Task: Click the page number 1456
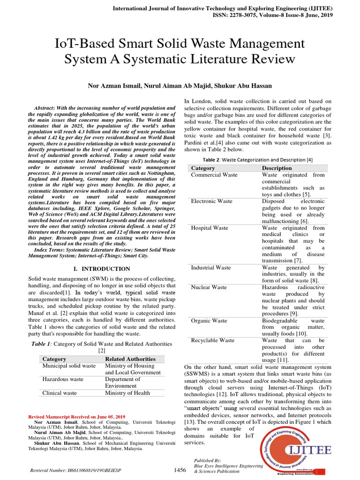coord(180,470)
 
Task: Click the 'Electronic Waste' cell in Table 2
coord(211,201)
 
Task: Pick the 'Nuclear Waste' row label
coord(209,287)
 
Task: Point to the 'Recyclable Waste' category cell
coord(213,340)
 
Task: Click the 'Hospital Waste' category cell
coord(210,228)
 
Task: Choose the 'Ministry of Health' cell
coord(127,393)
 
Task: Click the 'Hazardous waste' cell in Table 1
coord(63,379)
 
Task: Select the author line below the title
coord(180,86)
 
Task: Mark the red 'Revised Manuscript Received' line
coord(77,417)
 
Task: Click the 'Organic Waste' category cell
coord(210,321)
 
